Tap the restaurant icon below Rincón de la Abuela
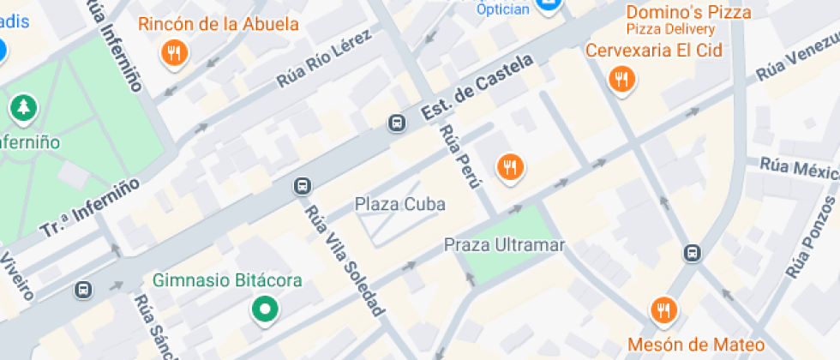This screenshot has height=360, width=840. [175, 54]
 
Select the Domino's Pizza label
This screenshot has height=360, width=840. [688, 12]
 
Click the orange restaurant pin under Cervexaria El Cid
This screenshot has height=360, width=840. [621, 81]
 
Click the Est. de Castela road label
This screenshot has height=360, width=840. [477, 88]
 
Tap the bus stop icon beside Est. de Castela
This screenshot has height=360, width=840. [397, 123]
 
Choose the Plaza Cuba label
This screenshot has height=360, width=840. [388, 205]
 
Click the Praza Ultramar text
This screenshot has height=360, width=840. [505, 245]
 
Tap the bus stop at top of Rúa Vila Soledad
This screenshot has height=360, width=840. [302, 185]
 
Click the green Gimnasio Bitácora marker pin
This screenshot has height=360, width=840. [265, 309]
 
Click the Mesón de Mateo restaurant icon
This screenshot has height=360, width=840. [662, 310]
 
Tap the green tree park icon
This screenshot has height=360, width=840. [23, 108]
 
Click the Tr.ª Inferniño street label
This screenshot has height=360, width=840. [89, 208]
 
